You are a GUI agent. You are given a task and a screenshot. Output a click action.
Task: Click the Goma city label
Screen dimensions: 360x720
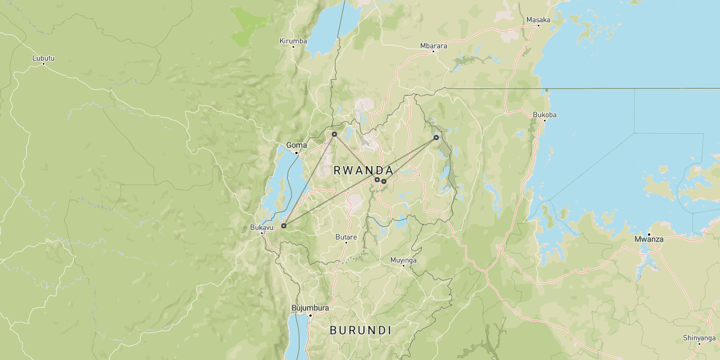pyautogui.click(x=296, y=145)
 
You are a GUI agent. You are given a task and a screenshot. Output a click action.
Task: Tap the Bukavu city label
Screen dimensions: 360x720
pyautogui.click(x=261, y=227)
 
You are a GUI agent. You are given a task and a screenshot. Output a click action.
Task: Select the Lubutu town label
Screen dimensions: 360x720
pyautogui.click(x=43, y=58)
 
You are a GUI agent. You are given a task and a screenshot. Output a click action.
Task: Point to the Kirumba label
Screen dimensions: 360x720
pyautogui.click(x=293, y=40)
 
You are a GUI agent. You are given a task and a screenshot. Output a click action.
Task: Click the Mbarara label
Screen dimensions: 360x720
pyautogui.click(x=433, y=46)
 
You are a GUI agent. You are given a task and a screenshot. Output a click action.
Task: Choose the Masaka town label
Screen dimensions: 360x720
pyautogui.click(x=538, y=20)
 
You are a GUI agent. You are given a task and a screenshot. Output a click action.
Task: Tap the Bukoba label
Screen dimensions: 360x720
pyautogui.click(x=544, y=115)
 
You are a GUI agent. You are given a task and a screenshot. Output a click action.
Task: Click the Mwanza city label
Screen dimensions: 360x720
pyautogui.click(x=649, y=239)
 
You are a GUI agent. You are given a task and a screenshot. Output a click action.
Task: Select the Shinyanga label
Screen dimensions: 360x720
pyautogui.click(x=699, y=337)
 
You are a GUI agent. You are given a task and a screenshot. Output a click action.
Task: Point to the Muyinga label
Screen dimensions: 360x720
pyautogui.click(x=403, y=260)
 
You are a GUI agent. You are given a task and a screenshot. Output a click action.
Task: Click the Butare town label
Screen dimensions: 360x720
pyautogui.click(x=346, y=237)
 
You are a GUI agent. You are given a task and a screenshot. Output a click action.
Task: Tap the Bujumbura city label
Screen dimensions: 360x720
pyautogui.click(x=310, y=308)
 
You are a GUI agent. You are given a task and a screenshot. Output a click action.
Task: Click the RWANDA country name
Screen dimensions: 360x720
pyautogui.click(x=363, y=170)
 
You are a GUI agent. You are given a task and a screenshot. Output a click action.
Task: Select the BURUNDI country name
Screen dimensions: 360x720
pyautogui.click(x=361, y=330)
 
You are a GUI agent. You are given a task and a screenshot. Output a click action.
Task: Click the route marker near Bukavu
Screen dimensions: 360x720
pyautogui.click(x=283, y=226)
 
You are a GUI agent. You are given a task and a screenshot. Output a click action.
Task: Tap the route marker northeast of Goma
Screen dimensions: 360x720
pyautogui.click(x=334, y=134)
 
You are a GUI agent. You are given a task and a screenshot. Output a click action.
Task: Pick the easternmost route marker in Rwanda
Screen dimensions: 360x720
pyautogui.click(x=436, y=137)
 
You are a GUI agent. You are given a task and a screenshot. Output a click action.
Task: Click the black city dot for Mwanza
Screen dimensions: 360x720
pyautogui.click(x=649, y=234)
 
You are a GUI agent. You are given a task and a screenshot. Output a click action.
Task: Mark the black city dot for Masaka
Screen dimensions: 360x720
pyautogui.click(x=538, y=25)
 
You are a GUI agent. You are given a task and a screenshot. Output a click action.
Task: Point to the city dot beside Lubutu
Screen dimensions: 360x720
pyautogui.click(x=43, y=64)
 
